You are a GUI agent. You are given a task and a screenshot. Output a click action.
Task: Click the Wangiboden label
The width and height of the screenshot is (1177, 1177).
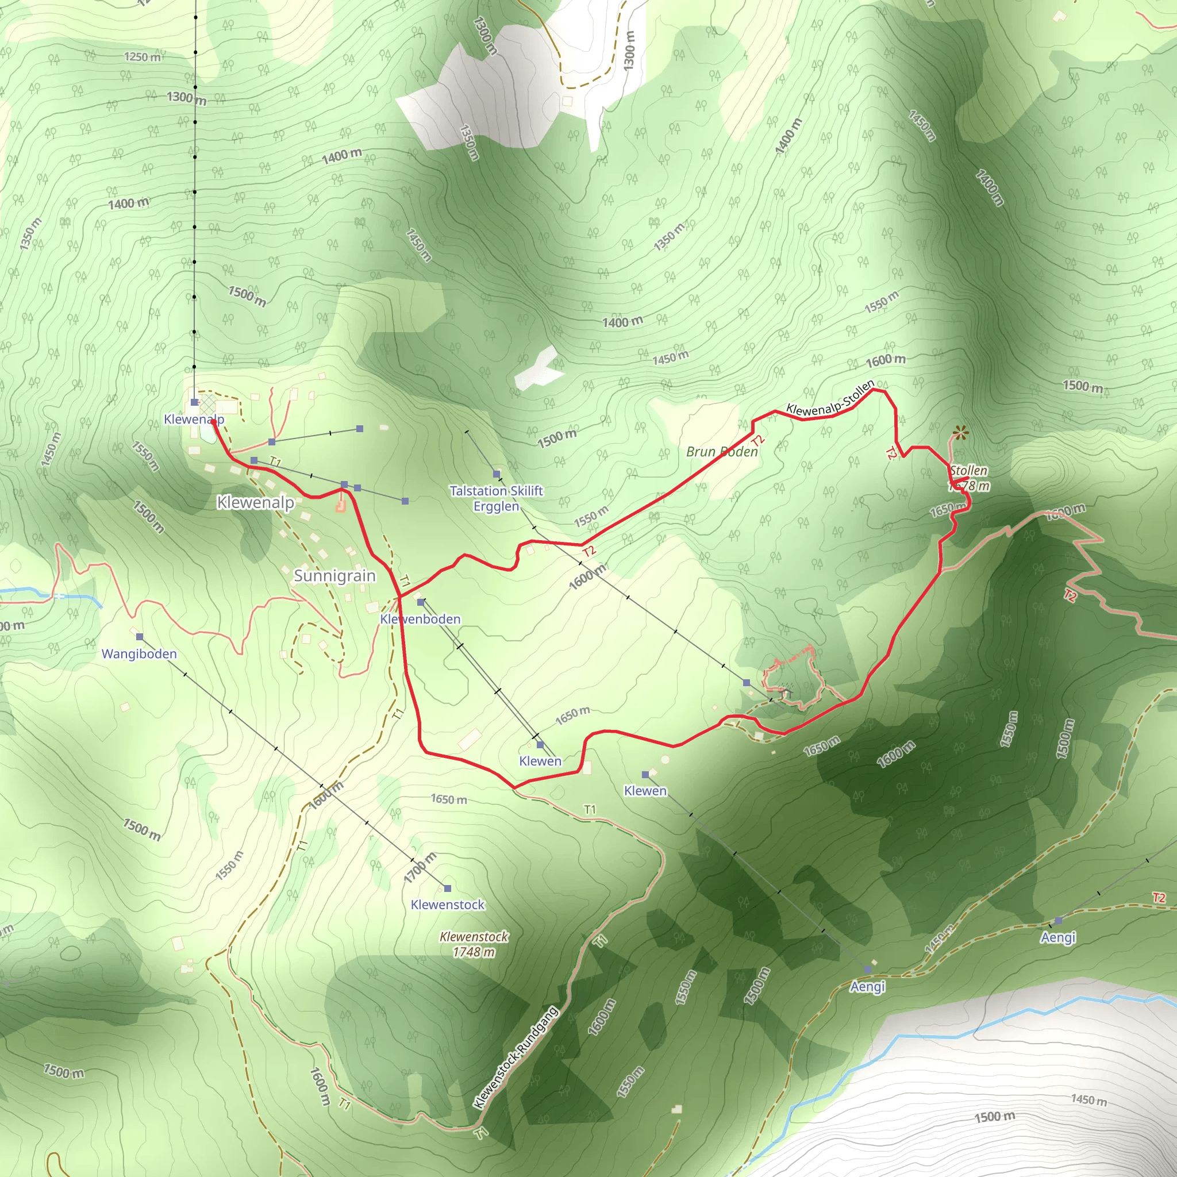point(139,653)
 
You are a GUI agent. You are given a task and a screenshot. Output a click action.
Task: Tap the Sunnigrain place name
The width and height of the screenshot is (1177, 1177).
point(334,576)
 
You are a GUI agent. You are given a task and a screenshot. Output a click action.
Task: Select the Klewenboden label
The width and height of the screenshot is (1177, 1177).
point(420,619)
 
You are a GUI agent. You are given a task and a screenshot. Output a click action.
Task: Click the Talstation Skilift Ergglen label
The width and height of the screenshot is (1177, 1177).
point(496,498)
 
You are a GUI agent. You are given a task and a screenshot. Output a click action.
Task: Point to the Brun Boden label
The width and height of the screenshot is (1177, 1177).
point(722,451)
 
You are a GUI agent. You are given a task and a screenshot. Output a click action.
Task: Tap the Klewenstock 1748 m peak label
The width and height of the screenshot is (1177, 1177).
point(474,944)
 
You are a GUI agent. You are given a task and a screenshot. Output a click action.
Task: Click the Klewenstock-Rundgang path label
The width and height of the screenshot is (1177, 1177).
point(516,1057)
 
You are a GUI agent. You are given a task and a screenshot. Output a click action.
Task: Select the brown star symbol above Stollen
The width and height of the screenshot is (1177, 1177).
point(961,433)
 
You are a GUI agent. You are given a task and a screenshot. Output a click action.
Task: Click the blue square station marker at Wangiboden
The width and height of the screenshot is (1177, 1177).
point(140,637)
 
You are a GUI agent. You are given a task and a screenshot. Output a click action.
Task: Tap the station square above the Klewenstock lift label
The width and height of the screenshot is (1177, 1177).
point(447,888)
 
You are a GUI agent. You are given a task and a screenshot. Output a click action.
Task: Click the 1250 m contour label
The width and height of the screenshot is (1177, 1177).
point(143,57)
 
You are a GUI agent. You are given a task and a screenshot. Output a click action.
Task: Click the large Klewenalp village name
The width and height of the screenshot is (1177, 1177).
point(255,503)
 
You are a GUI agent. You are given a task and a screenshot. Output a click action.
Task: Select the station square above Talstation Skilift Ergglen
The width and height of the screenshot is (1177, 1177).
point(497,474)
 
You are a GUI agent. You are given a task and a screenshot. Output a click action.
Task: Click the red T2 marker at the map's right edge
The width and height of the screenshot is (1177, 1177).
point(1158,897)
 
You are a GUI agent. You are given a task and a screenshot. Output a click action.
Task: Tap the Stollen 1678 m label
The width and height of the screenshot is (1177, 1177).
point(968,478)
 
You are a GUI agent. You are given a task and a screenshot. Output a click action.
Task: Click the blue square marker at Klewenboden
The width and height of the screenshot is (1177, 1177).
point(420,602)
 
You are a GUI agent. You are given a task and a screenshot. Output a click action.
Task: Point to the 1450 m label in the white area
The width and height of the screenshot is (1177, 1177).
point(1088,1099)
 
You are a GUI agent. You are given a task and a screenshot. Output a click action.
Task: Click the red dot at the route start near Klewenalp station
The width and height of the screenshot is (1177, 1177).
point(213,421)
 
